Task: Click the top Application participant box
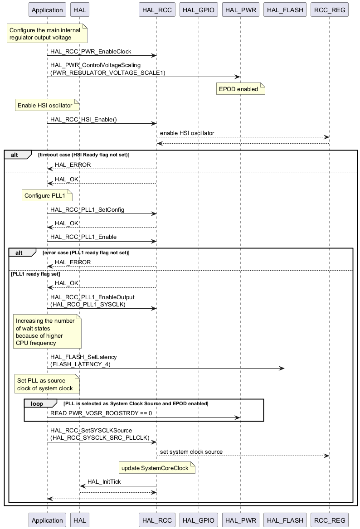(47, 10)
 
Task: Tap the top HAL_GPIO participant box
(199, 10)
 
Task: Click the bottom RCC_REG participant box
(329, 520)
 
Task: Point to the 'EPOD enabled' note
(240, 89)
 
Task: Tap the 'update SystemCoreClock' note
(157, 468)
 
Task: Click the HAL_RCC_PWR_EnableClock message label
(91, 52)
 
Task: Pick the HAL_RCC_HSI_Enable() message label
(84, 120)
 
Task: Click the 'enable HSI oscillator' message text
(187, 133)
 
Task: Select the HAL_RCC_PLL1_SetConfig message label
(88, 210)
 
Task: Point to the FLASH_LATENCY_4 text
(80, 364)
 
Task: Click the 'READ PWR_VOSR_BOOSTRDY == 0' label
(101, 413)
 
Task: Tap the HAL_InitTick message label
(104, 482)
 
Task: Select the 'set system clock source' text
(191, 452)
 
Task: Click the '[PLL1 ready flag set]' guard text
(35, 274)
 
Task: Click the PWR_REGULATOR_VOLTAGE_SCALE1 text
(108, 73)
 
